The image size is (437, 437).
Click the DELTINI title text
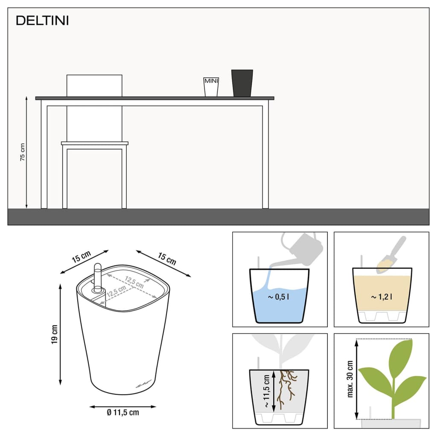42,20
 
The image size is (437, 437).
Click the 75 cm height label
23,152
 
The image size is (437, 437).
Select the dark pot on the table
242,83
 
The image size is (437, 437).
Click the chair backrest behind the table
94,85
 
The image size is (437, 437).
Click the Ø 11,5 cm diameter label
123,412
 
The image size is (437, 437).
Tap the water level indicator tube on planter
97,278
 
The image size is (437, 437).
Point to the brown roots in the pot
286,387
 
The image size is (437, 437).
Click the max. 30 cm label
350,379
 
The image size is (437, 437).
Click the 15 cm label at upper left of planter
81,257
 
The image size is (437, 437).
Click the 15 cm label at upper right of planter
167,258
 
